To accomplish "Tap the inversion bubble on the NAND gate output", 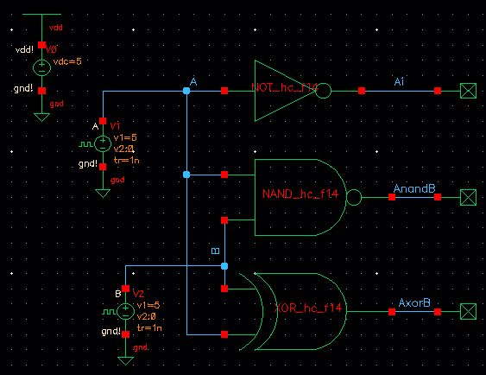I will (x=354, y=198).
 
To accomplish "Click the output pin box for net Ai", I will (x=468, y=90).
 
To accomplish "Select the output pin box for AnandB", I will (x=468, y=198).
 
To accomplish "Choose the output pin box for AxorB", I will (x=468, y=308).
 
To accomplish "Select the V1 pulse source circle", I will (x=103, y=143).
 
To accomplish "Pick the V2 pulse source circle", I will (x=125, y=308).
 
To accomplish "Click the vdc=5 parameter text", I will (x=66, y=61).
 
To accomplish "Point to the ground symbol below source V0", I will (x=41, y=114).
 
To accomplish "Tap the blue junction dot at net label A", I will (x=186, y=90).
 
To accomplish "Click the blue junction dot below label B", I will (x=224, y=266).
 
